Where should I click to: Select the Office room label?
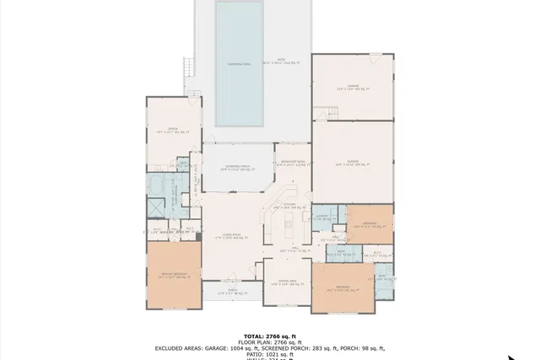point(174,130)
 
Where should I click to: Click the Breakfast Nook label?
point(293,164)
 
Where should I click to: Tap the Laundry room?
point(321,218)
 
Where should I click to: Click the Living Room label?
point(233,237)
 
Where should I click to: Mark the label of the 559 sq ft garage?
point(352,164)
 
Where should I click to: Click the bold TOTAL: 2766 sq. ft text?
point(269,336)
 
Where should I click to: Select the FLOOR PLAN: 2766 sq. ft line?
point(269,342)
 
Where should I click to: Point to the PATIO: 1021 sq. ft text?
point(269,354)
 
